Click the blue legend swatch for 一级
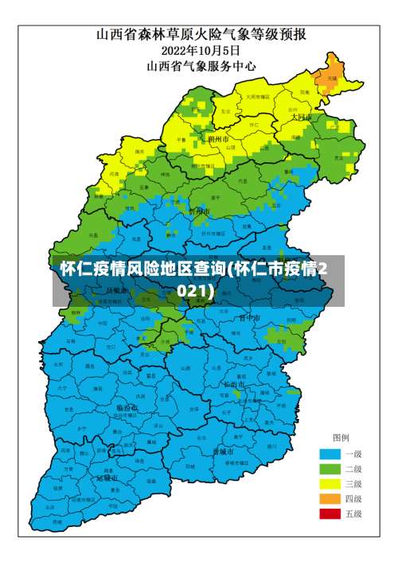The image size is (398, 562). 330,453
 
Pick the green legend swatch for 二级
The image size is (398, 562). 330,468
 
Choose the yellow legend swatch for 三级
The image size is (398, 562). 330,483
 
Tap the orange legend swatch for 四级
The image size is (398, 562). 330,498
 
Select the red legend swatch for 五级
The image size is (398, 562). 330,514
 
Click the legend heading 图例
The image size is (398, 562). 341,438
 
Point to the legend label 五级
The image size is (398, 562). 353,514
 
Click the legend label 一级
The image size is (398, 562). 353,453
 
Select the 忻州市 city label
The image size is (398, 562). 199,211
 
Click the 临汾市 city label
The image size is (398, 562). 127,407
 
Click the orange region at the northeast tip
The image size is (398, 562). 328,76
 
